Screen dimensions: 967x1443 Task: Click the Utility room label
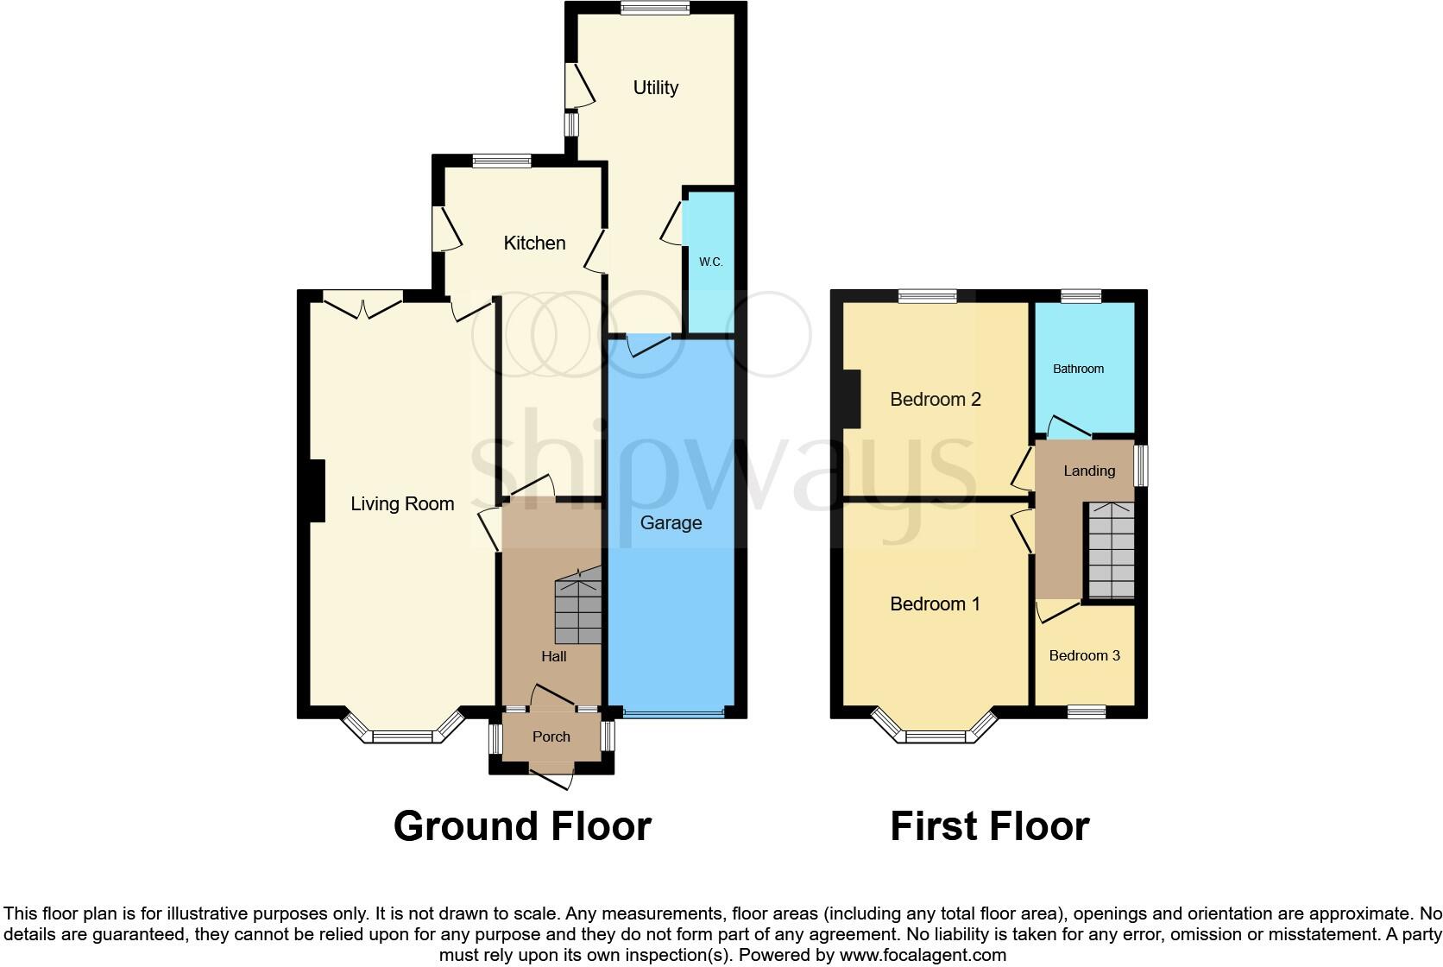(x=655, y=87)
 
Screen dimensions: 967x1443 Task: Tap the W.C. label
(x=710, y=262)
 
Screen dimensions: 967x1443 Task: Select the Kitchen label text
(x=534, y=243)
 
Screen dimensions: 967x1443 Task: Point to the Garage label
(x=671, y=522)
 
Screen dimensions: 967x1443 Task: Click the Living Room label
(x=402, y=504)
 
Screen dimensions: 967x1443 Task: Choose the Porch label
(x=551, y=736)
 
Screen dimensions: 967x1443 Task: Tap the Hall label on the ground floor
(x=553, y=656)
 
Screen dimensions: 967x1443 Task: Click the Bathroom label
(x=1078, y=369)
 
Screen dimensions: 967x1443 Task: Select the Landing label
(x=1088, y=471)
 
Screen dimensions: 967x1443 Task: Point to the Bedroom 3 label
(x=1084, y=655)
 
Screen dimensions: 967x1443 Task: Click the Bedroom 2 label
(x=936, y=399)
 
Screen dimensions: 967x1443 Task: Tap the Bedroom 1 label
(x=935, y=604)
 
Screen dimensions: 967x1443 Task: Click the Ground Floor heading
(x=522, y=825)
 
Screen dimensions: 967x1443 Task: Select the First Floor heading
(x=989, y=825)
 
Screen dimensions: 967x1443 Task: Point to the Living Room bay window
(x=401, y=734)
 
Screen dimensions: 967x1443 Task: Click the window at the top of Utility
(x=654, y=9)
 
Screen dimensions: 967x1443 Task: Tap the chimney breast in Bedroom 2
(x=852, y=398)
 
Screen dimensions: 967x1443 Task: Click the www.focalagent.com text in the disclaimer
(x=922, y=955)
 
